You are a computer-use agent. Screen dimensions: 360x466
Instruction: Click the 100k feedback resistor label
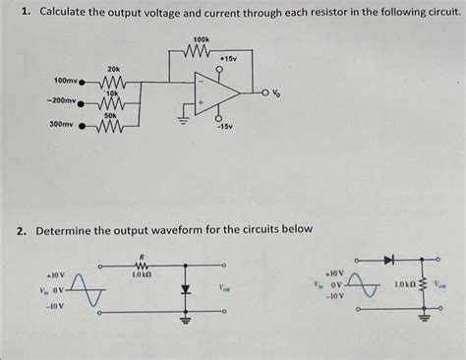point(202,38)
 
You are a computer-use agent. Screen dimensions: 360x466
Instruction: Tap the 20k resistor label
point(113,68)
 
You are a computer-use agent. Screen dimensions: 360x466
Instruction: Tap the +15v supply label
point(229,59)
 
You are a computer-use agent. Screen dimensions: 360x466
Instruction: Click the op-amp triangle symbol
point(219,94)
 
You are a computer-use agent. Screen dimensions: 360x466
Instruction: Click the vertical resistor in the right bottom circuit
point(425,284)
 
